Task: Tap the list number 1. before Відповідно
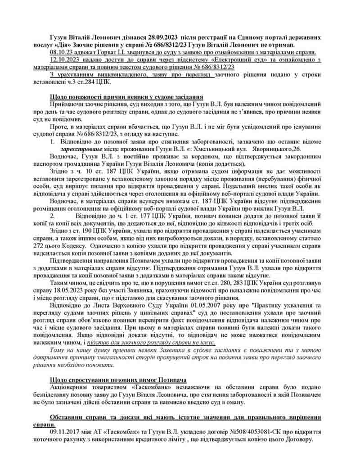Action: tap(54, 142)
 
